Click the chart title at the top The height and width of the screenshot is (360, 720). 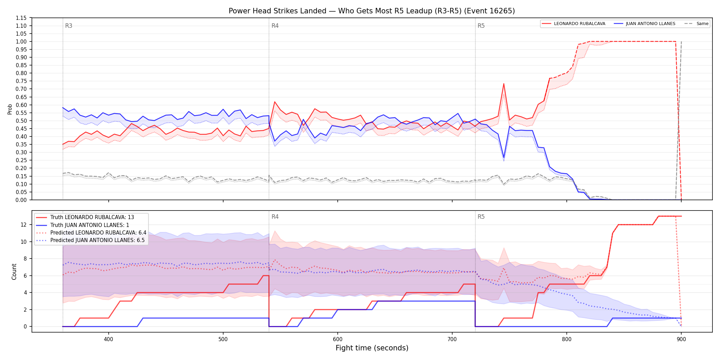tap(372, 11)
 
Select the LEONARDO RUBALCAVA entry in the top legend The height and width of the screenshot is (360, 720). tap(574, 24)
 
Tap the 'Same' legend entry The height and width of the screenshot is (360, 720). tap(696, 24)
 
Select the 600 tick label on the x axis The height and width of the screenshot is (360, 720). tap(338, 339)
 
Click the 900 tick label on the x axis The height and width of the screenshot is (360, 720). tap(681, 339)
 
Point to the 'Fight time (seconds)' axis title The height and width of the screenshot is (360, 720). tap(372, 348)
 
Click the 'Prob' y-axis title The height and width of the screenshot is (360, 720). tap(10, 109)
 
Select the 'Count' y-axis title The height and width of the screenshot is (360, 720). tap(14, 272)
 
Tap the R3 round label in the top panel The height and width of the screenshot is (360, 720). tap(69, 26)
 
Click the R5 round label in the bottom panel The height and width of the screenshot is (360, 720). tap(481, 217)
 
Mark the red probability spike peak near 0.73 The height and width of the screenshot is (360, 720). tap(504, 84)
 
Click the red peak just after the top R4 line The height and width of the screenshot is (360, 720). tap(275, 102)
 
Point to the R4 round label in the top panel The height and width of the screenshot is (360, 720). tap(275, 26)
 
